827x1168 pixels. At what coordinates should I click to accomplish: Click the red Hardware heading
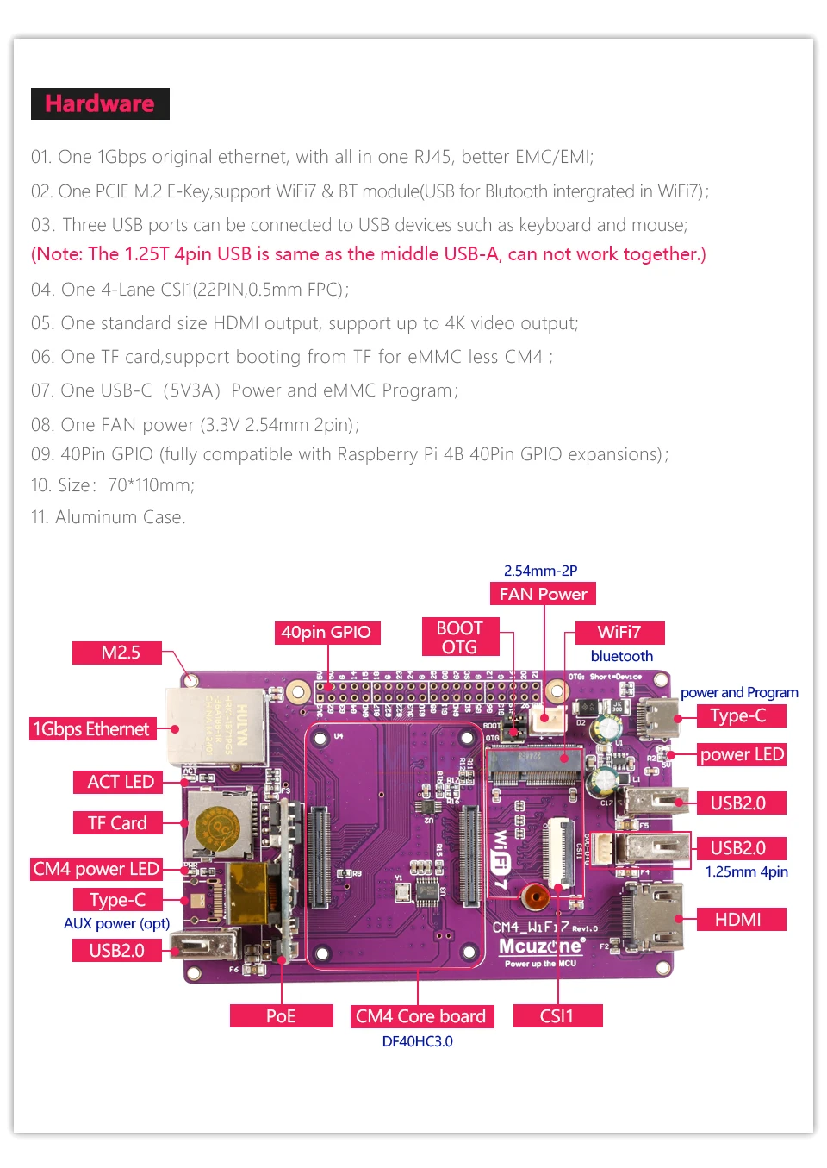tap(100, 103)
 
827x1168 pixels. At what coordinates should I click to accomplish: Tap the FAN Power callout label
tap(543, 594)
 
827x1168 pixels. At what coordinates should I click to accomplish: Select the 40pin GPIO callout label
tap(326, 633)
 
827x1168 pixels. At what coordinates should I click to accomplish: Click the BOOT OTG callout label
tap(459, 638)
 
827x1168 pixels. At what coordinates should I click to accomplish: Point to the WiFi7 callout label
tap(619, 633)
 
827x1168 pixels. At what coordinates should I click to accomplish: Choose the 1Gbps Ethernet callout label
tap(91, 729)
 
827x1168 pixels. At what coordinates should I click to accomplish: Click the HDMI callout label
tap(737, 920)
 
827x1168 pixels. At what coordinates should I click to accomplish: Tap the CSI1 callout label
tap(557, 1016)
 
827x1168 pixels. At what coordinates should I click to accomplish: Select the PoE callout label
tap(281, 1016)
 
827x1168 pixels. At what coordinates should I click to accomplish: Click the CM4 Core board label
tap(420, 1016)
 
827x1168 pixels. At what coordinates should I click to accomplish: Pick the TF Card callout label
tap(117, 823)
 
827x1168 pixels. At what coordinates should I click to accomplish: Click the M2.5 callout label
tap(120, 653)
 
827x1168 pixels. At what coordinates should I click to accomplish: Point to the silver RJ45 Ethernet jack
tap(215, 726)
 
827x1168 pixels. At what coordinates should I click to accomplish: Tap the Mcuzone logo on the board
tap(540, 946)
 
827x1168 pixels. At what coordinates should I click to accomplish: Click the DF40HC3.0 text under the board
tap(417, 1041)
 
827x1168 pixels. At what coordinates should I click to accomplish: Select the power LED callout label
tap(741, 754)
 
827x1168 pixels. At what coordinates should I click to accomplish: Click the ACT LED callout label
tap(121, 782)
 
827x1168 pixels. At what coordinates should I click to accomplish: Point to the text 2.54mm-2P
tap(540, 571)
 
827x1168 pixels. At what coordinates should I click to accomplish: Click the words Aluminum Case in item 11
tap(120, 517)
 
